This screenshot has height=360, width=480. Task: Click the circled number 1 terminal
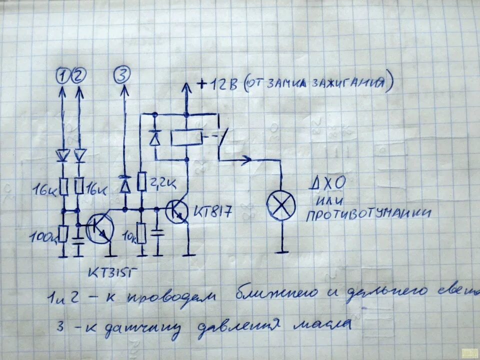click(x=62, y=76)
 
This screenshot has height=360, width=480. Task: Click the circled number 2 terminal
click(x=79, y=76)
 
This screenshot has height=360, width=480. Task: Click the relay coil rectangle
click(x=186, y=138)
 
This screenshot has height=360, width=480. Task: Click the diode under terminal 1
click(x=63, y=155)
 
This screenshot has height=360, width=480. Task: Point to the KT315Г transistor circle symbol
click(x=99, y=229)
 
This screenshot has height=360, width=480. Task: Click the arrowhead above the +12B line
click(x=186, y=87)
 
